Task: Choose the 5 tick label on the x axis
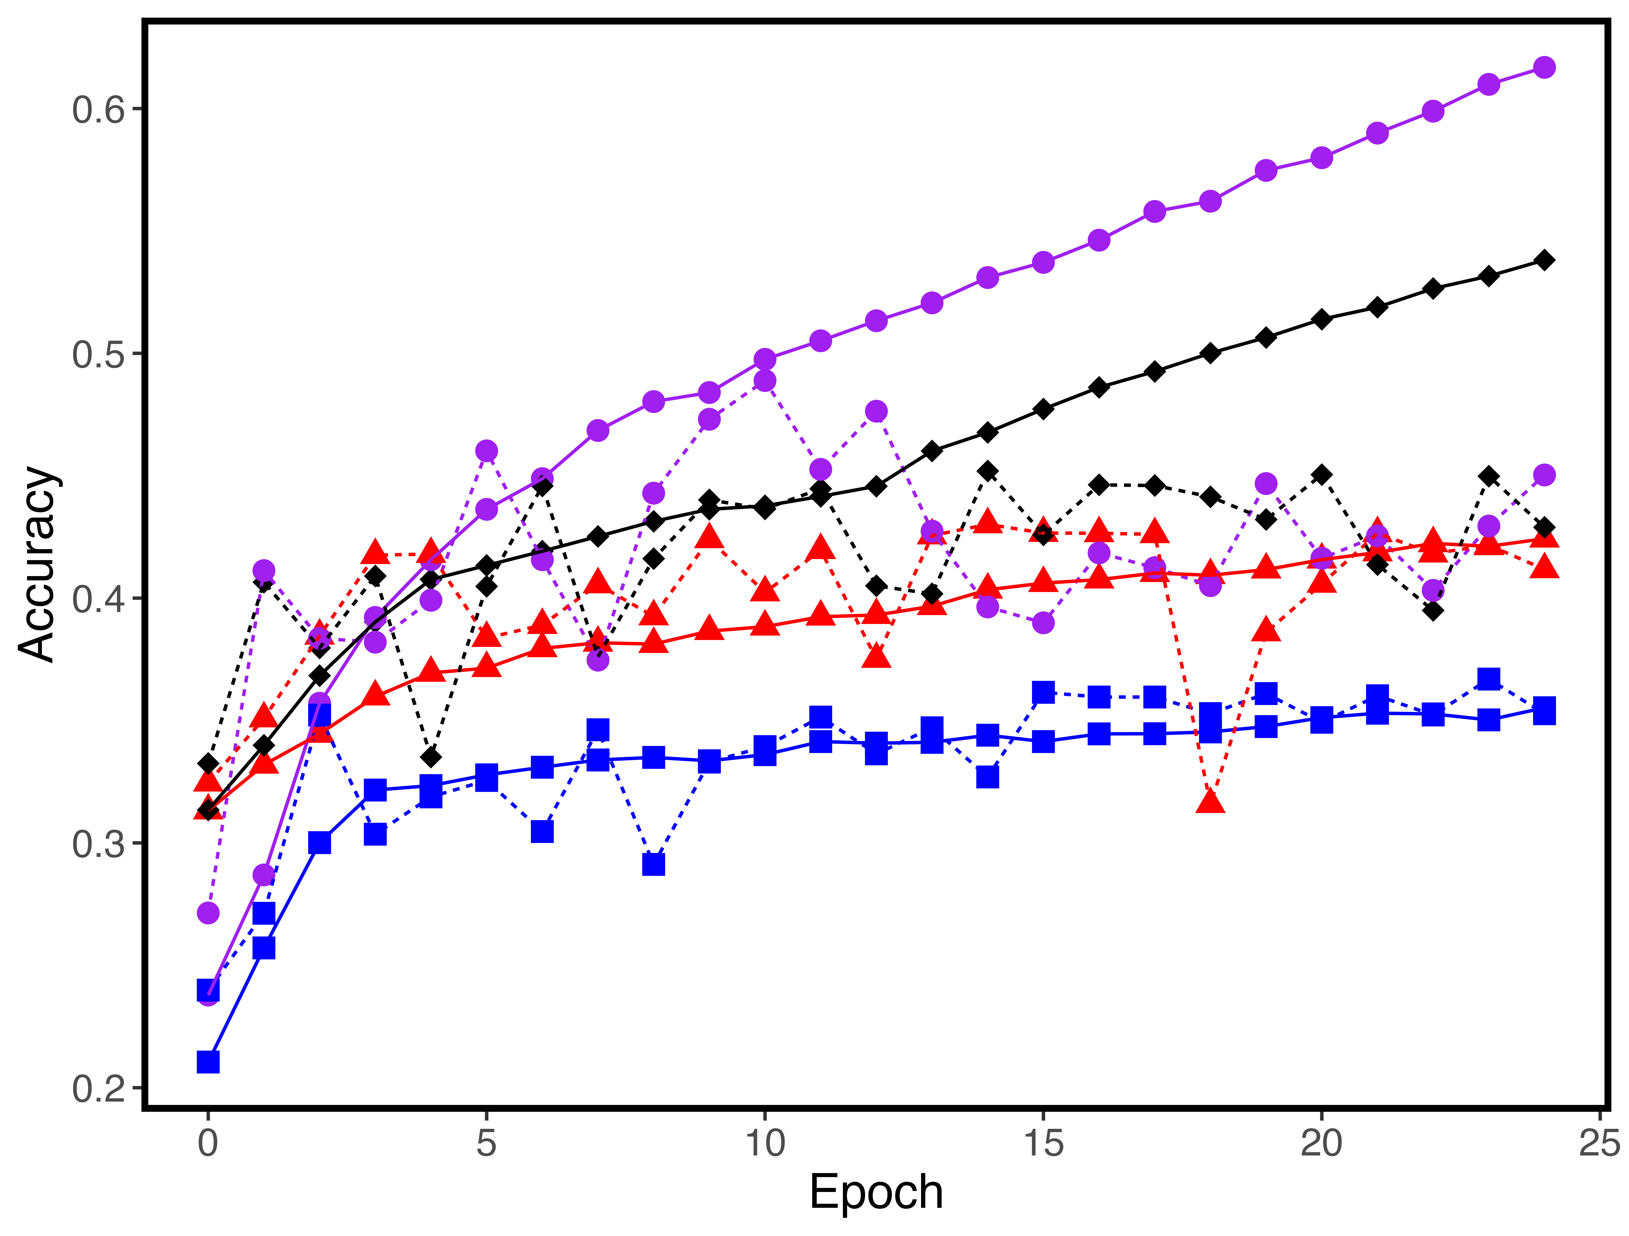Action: click(x=486, y=1143)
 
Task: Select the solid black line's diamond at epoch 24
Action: click(x=1544, y=260)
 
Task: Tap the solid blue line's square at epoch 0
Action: click(x=208, y=1062)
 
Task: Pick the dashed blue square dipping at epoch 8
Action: click(x=653, y=864)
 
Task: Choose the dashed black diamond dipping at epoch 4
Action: click(x=431, y=757)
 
